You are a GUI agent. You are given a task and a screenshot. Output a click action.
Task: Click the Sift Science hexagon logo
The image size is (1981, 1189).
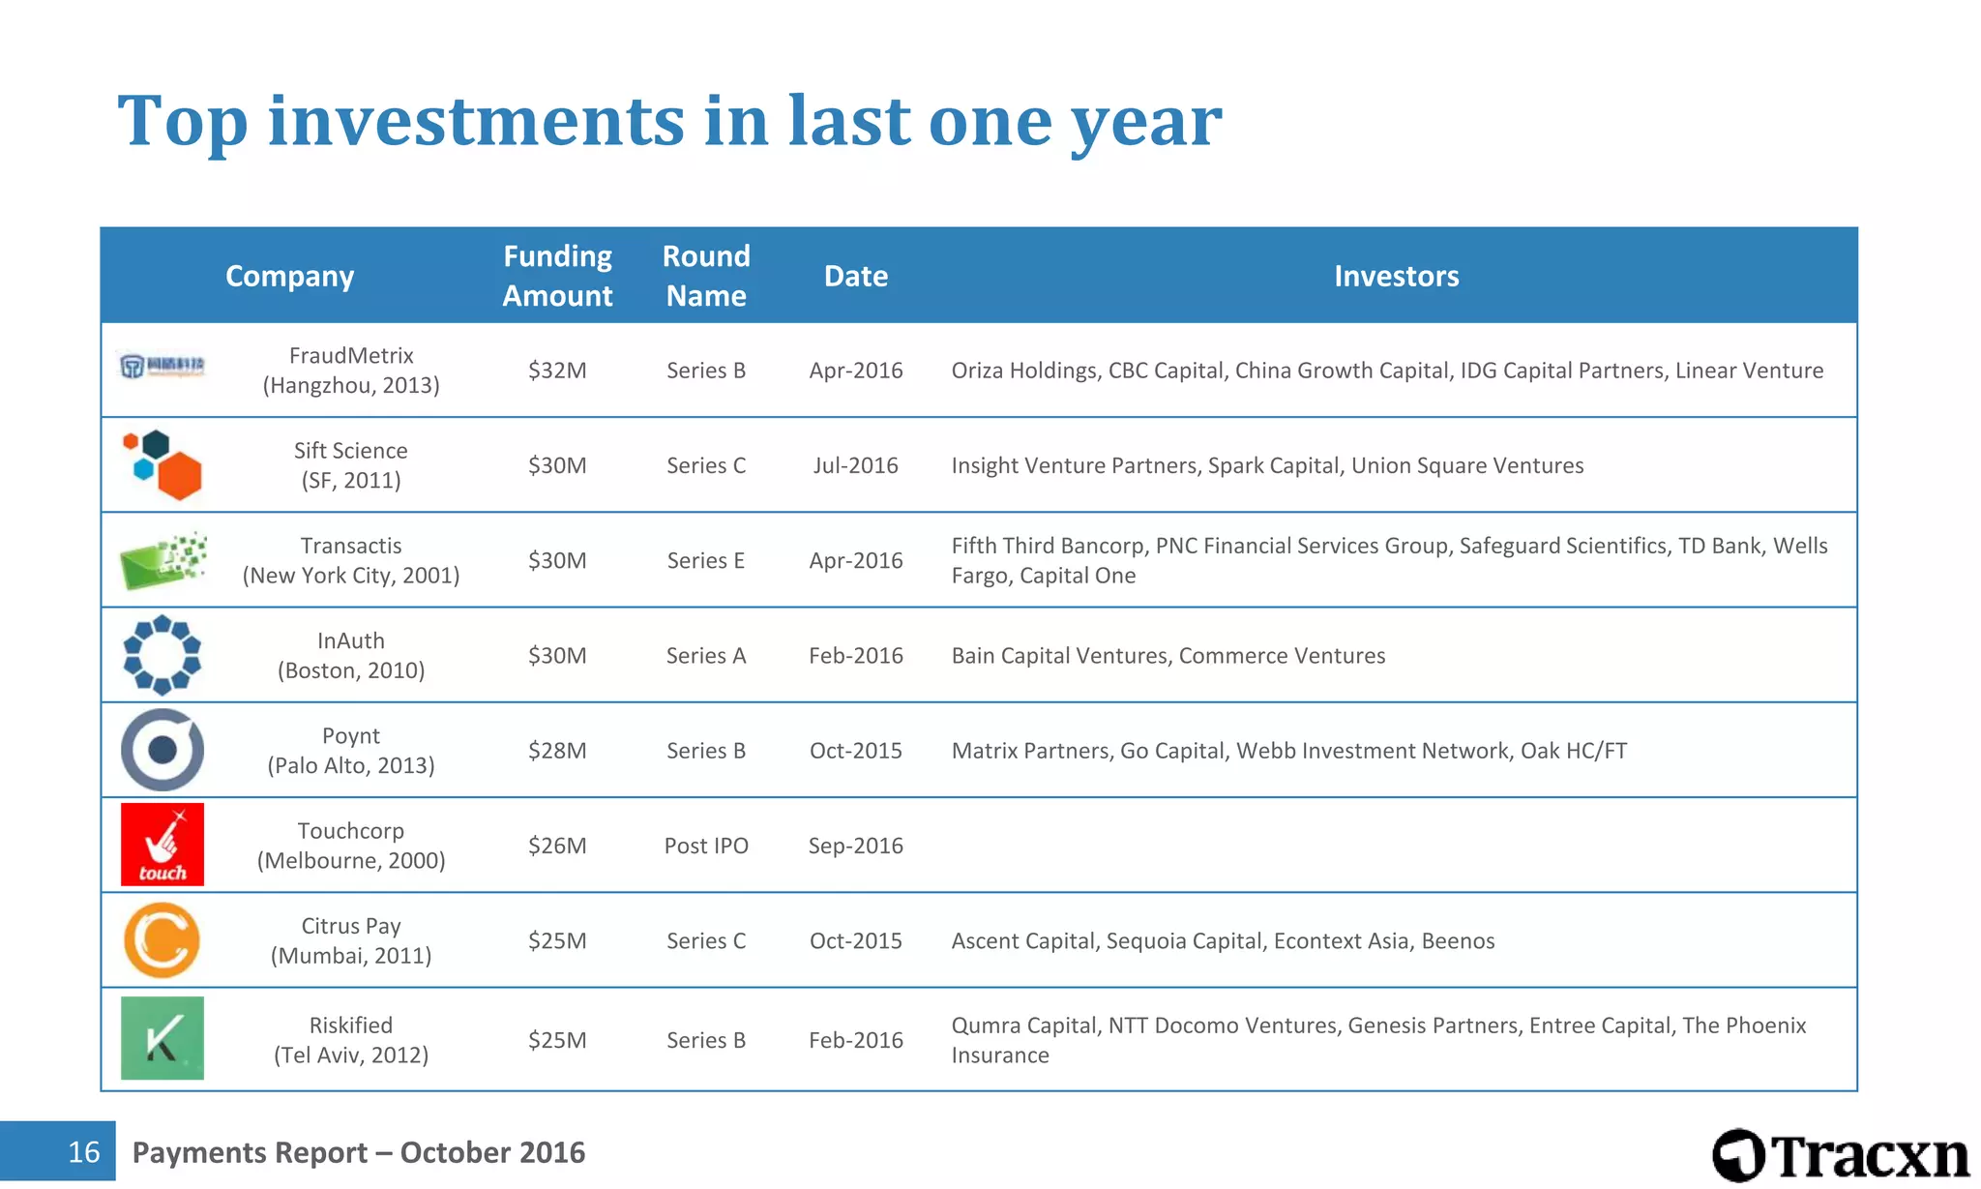pos(163,465)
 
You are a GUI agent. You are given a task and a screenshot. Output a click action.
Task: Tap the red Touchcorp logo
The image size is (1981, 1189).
pos(163,845)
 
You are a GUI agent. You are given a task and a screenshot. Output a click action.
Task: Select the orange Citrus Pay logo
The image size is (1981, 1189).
pos(162,940)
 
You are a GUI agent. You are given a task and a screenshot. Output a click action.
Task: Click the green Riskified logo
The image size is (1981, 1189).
pos(163,1038)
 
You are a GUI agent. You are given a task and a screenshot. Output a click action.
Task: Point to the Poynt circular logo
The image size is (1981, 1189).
pos(163,750)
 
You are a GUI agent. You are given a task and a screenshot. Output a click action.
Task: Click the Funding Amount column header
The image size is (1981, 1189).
pos(557,276)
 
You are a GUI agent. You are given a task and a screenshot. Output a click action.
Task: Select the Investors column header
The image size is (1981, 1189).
pos(1396,276)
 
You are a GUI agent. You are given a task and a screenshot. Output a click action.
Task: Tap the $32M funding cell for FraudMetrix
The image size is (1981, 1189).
pos(557,371)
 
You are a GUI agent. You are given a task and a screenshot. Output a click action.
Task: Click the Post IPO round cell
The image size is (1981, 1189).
pos(706,846)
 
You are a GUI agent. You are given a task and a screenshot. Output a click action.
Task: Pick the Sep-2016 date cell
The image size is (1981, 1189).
pos(855,846)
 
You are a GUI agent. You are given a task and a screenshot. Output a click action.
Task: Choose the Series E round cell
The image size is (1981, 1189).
pos(706,560)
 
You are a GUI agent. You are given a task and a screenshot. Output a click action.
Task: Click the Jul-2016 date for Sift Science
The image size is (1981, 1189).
pos(855,465)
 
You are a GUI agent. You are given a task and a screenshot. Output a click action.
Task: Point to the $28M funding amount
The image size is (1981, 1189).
pos(557,751)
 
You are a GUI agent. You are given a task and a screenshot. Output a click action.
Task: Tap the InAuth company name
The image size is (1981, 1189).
pos(351,640)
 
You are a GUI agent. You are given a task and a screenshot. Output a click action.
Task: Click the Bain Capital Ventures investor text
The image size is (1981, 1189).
pos(1061,656)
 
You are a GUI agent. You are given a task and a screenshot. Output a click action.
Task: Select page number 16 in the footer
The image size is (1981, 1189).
pos(84,1151)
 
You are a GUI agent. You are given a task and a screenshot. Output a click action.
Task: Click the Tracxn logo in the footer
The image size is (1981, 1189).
pos(1840,1155)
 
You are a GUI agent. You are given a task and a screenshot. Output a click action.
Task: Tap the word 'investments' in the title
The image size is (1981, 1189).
pos(476,121)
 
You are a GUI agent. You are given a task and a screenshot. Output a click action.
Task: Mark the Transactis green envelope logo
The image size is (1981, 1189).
pos(163,560)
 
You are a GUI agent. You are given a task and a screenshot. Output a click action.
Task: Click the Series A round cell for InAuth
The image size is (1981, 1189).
pos(706,656)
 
